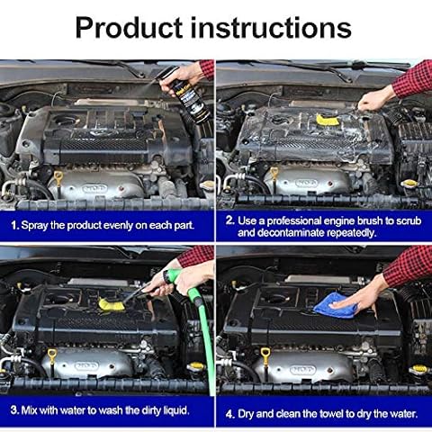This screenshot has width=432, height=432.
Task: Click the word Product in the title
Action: [129, 28]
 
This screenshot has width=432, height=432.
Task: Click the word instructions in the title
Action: [271, 28]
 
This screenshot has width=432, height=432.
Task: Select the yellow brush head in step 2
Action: [328, 120]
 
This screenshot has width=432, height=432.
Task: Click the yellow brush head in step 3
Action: [112, 304]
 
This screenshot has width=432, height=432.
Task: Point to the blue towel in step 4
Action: [336, 305]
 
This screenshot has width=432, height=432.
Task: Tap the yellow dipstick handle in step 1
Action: [58, 175]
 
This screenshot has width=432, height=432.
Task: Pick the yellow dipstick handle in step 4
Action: [265, 352]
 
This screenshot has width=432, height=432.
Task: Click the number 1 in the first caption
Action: [14, 226]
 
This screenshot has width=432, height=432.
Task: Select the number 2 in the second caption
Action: [229, 220]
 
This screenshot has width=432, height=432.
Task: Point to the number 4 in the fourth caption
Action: [229, 414]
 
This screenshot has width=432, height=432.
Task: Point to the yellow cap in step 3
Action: [196, 366]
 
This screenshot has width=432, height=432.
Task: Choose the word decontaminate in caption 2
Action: [291, 233]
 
